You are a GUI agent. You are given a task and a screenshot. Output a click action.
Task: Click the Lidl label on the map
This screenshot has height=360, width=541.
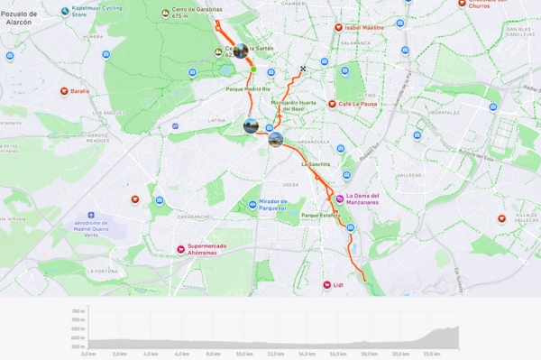pyautogui.click(x=338, y=285)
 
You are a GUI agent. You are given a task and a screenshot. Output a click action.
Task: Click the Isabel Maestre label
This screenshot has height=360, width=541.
pyautogui.click(x=363, y=28)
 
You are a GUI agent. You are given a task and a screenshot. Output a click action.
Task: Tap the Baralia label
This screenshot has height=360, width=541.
pyautogui.click(x=80, y=91)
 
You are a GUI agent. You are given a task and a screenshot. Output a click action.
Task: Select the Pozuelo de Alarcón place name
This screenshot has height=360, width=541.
pyautogui.click(x=20, y=19)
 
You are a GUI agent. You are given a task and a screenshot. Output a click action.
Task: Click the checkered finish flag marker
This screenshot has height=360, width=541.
pyautogui.click(x=304, y=69)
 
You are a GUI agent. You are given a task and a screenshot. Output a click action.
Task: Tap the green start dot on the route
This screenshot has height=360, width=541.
pyautogui.click(x=253, y=69)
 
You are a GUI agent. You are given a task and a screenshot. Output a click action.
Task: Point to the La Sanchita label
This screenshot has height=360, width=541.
pyautogui.click(x=315, y=164)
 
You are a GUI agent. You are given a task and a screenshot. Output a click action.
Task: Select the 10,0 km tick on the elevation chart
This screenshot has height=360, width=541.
pyautogui.click(x=243, y=354)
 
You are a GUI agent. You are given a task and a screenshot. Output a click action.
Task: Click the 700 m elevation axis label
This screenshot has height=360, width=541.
pyautogui.click(x=78, y=310)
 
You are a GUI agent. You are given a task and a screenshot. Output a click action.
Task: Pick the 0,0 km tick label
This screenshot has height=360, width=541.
pyautogui.click(x=88, y=354)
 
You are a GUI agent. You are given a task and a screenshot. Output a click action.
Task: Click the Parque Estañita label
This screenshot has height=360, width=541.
pyautogui.click(x=321, y=216)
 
